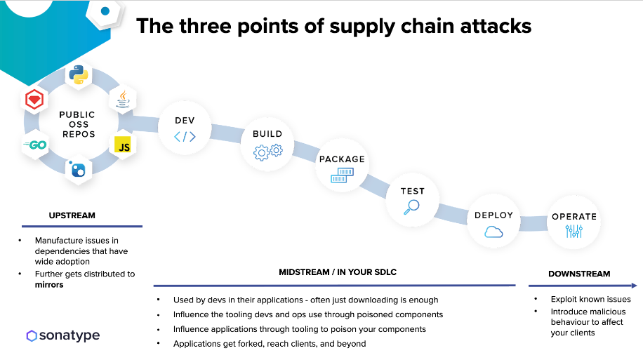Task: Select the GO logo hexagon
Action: click(x=34, y=145)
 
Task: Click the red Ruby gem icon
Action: click(x=34, y=100)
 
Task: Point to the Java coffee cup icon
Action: click(x=123, y=100)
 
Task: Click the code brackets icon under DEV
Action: click(x=185, y=137)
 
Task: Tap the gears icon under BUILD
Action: click(x=267, y=150)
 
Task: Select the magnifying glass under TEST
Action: click(x=411, y=206)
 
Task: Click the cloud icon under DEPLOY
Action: click(x=493, y=232)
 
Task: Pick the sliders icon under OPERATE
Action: click(x=574, y=232)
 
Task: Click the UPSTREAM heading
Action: click(x=72, y=215)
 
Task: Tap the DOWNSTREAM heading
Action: click(x=579, y=274)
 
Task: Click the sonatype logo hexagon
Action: click(x=32, y=335)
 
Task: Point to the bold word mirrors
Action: click(x=50, y=285)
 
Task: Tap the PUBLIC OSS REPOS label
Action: click(x=77, y=124)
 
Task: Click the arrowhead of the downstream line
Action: click(x=634, y=286)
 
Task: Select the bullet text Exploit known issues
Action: click(x=590, y=299)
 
